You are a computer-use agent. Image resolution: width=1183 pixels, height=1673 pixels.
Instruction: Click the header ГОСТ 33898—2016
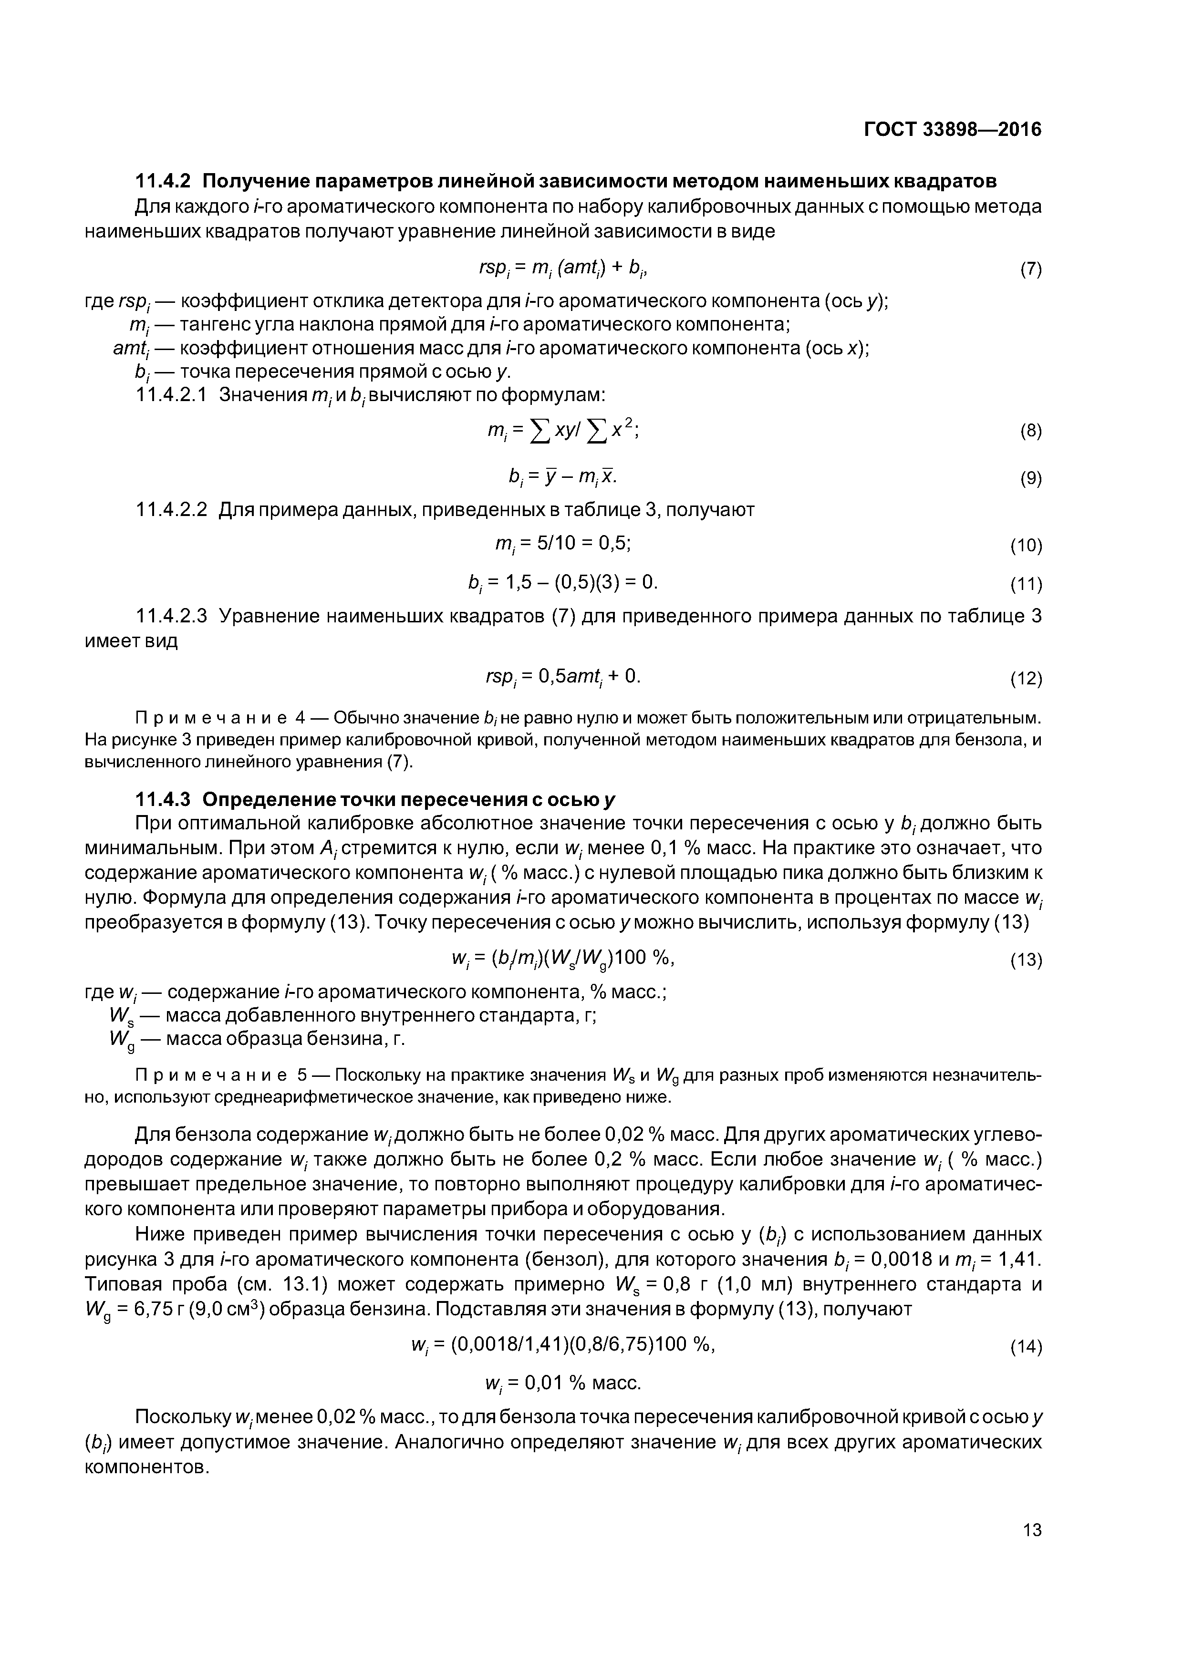pyautogui.click(x=952, y=130)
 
